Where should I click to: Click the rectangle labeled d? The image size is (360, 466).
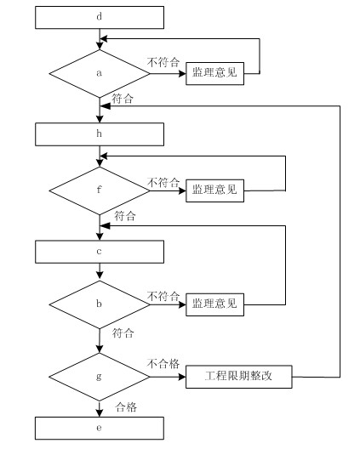100,18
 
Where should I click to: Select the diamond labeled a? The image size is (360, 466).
100,73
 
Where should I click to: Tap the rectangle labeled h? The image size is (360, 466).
100,134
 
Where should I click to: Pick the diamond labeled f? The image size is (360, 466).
100,190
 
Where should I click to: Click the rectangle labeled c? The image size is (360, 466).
100,252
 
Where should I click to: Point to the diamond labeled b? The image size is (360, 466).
100,304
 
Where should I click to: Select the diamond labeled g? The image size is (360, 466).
100,377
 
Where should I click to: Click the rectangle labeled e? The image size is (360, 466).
100,428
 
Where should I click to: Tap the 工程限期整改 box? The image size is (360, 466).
239,377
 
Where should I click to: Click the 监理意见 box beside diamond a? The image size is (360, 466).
214,73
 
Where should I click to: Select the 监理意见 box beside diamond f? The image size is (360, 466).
214,190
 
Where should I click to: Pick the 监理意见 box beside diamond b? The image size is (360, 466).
214,304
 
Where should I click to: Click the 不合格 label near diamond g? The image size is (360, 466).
163,363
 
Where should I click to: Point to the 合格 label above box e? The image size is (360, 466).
126,406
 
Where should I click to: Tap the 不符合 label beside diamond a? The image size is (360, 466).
163,62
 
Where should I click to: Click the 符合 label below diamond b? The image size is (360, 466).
123,332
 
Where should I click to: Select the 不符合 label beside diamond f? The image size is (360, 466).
163,182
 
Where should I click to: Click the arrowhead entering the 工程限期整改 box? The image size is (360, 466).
182,377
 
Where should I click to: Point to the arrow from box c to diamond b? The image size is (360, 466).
100,272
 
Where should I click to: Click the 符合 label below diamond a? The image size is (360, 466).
123,99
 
